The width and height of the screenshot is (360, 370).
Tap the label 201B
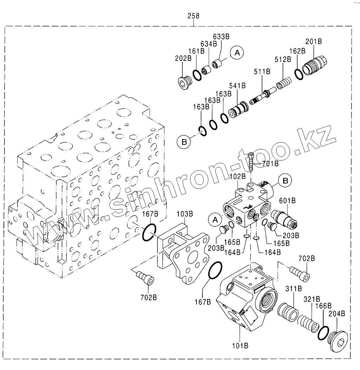tap(313, 41)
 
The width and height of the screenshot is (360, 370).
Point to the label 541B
tap(238, 86)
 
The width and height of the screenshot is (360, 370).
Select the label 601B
tap(287, 201)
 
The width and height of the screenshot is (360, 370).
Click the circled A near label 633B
tap(237, 53)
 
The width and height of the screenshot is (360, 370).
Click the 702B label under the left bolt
tap(148, 297)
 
